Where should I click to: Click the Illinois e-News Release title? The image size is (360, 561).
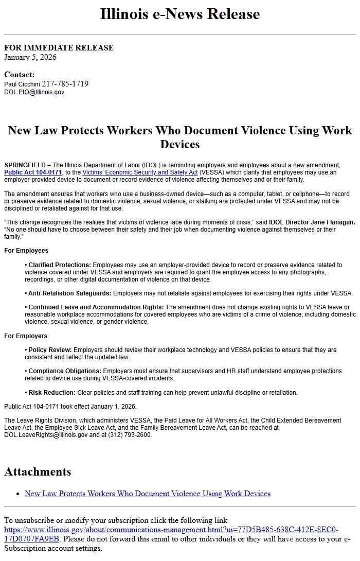pyautogui.click(x=179, y=14)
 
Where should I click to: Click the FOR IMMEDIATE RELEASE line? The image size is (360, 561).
pyautogui.click(x=59, y=48)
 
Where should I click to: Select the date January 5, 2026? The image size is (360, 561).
pyautogui.click(x=30, y=57)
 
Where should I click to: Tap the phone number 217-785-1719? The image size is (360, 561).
pyautogui.click(x=65, y=84)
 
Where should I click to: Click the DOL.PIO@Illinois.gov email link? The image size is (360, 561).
pyautogui.click(x=34, y=92)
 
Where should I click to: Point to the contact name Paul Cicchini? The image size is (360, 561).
pyautogui.click(x=22, y=84)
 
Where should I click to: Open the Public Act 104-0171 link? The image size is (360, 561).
pyautogui.click(x=33, y=172)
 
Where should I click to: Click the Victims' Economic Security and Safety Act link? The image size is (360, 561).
pyautogui.click(x=140, y=172)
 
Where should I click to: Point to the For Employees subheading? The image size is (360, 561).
pyautogui.click(x=26, y=251)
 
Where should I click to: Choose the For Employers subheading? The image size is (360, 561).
pyautogui.click(x=26, y=336)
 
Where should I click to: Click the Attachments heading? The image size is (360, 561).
pyautogui.click(x=38, y=471)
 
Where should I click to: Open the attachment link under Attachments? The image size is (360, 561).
pyautogui.click(x=148, y=494)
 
